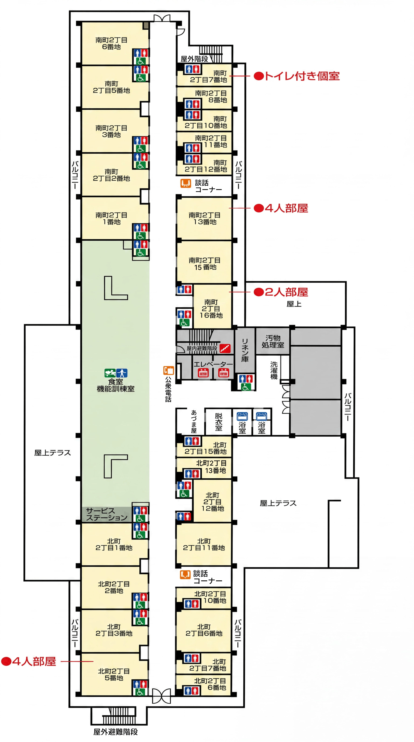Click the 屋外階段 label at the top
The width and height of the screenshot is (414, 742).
click(194, 59)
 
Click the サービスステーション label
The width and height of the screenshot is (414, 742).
click(106, 514)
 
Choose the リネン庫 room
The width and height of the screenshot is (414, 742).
click(245, 350)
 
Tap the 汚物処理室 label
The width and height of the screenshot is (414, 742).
click(273, 341)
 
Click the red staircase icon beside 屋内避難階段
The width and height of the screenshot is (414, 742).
click(225, 348)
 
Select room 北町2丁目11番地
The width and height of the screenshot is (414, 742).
click(204, 544)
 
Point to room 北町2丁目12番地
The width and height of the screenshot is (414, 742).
click(212, 501)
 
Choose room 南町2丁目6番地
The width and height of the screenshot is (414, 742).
click(111, 43)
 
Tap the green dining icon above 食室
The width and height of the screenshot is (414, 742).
click(110, 373)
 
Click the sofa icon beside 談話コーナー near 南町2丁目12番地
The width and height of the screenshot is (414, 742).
click(186, 183)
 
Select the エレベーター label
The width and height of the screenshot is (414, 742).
click(213, 364)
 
